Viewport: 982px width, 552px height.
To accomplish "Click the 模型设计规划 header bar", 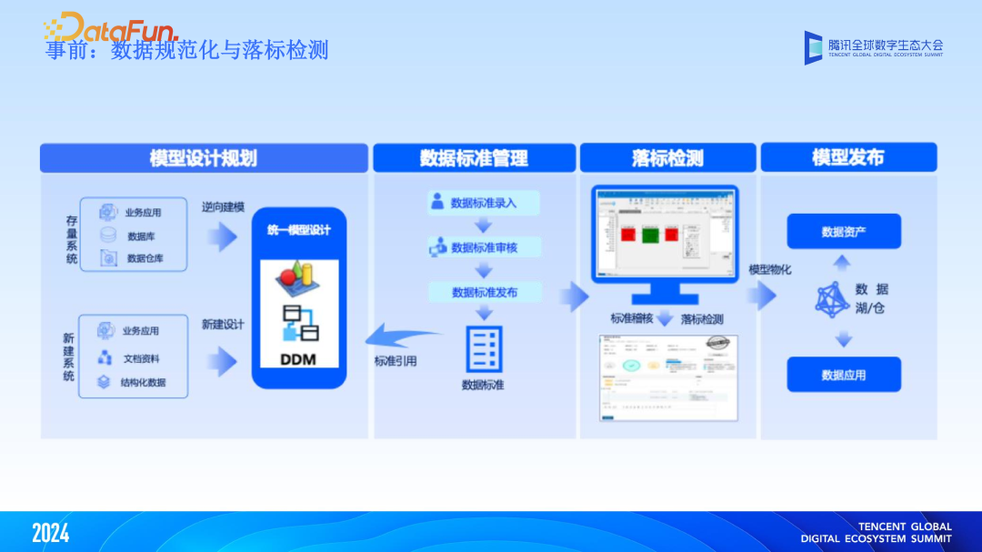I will [x=204, y=158].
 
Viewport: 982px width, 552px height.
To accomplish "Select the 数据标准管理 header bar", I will [x=474, y=158].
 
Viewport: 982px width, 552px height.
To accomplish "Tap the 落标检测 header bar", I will [x=668, y=158].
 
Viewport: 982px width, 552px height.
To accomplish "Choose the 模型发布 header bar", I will [x=847, y=157].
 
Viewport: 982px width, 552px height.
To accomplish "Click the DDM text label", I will [x=298, y=359].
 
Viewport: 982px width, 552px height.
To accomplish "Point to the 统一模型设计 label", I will [x=299, y=230].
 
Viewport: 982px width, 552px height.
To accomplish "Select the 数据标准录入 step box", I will [x=485, y=203].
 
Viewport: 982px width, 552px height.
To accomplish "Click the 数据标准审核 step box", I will [x=485, y=246].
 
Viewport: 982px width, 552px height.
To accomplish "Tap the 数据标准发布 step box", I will [x=485, y=292].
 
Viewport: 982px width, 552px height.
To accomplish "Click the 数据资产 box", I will [x=843, y=232].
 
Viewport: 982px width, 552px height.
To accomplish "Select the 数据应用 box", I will [x=843, y=375].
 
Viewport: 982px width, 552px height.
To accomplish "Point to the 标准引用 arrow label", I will [x=396, y=361].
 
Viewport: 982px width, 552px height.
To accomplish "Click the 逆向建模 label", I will [x=223, y=207].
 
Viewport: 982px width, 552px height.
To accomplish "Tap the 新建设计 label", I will [x=223, y=325].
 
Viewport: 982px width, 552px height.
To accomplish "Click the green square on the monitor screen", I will [x=650, y=234].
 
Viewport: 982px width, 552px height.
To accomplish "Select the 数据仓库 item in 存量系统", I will [x=144, y=258].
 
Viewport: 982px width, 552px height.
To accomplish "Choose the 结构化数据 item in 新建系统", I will [x=142, y=383].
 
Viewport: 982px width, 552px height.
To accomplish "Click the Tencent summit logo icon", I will [x=813, y=46].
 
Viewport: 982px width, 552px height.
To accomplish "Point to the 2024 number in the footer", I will [x=50, y=533].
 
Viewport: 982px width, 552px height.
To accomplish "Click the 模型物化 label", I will [x=769, y=270].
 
